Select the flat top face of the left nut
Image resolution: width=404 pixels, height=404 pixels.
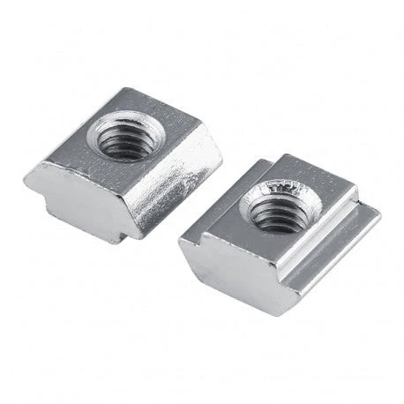tap(168, 123)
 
